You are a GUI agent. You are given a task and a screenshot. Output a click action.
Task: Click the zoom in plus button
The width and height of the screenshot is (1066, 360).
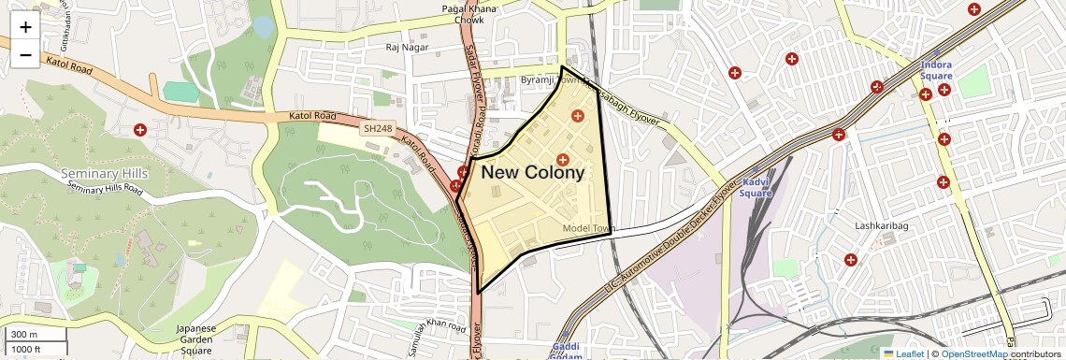coord(25,27)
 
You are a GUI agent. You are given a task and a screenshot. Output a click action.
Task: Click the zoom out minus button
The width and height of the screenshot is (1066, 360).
coord(25,55)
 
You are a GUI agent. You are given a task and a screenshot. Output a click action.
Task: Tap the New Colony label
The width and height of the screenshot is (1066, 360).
coord(532,172)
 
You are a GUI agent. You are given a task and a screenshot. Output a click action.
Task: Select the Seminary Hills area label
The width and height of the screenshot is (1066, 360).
coord(104,173)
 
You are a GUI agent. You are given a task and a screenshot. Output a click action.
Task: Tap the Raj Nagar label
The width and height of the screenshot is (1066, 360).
coord(406,45)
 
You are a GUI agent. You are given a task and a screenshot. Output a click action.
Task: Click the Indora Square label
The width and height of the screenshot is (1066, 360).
coord(936,71)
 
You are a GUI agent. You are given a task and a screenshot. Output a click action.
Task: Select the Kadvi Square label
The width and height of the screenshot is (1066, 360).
coord(755,188)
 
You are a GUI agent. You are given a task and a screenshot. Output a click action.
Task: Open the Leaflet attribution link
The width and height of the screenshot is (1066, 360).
coord(903,353)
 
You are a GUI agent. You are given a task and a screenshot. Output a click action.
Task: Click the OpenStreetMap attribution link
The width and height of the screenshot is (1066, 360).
coord(973,353)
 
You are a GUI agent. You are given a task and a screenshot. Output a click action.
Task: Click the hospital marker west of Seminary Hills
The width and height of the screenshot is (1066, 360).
coord(140,130)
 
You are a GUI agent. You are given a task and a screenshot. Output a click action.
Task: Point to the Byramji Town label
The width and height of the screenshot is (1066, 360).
coord(552,81)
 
